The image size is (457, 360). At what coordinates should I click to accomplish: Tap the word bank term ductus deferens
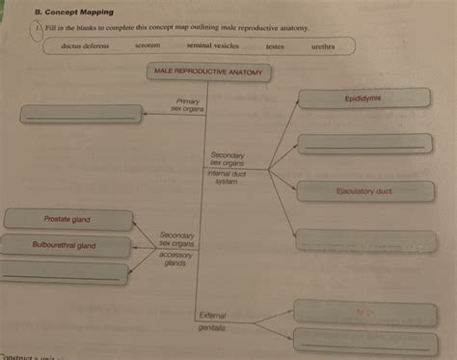click(x=84, y=46)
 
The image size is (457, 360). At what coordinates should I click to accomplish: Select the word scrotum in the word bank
click(x=148, y=46)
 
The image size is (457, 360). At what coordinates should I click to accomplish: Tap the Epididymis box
click(x=363, y=98)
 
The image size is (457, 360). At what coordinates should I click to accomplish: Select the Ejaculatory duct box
click(x=363, y=191)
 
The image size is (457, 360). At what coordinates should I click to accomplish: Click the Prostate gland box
click(x=67, y=220)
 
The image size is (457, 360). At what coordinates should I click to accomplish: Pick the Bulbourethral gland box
click(x=65, y=246)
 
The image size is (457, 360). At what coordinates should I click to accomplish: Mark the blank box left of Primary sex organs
click(x=82, y=114)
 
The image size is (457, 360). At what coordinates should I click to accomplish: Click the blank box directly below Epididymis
click(x=363, y=144)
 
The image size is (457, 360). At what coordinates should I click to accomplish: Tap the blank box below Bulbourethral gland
click(x=64, y=273)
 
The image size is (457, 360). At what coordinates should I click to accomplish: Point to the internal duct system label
click(x=227, y=178)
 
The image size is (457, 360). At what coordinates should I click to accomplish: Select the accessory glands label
click(x=175, y=259)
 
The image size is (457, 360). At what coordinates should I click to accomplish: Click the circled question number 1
click(x=38, y=29)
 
